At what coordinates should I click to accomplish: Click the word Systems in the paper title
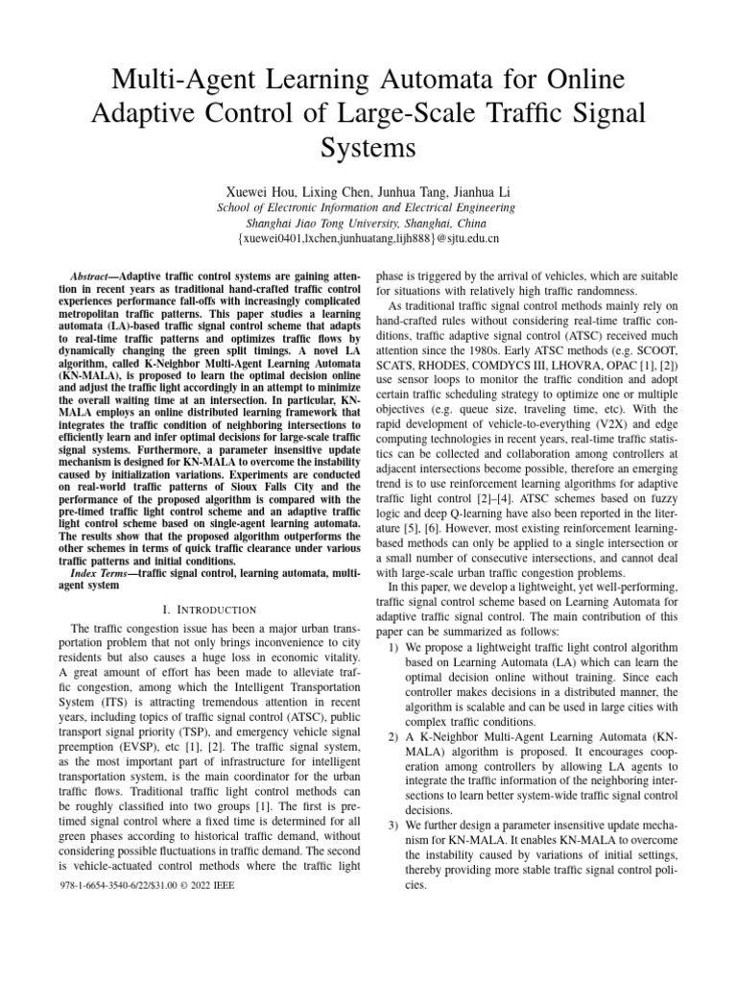tap(368, 149)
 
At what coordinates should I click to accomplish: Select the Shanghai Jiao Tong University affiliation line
tap(368, 222)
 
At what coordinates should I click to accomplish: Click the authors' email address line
tap(368, 238)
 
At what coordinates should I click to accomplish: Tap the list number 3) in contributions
tap(395, 826)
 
